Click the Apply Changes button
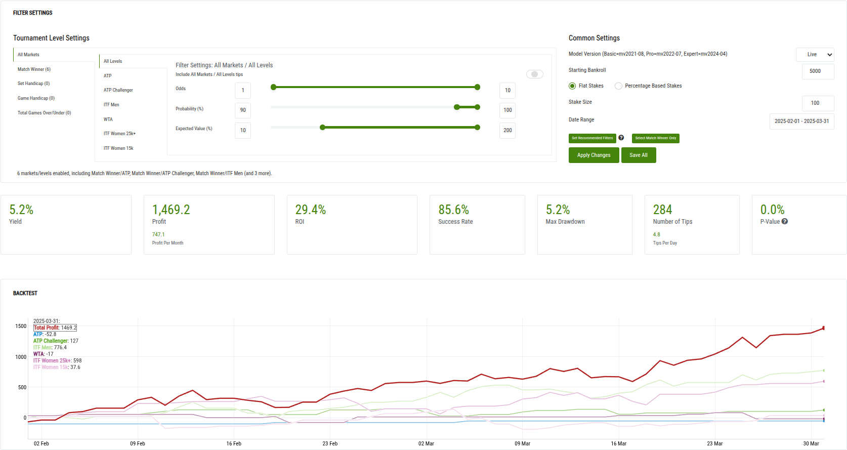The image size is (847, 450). pos(594,155)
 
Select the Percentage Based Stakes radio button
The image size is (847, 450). pos(618,86)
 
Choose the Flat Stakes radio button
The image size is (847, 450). pos(572,86)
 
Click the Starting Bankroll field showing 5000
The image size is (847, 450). pos(817,71)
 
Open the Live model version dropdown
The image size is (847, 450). pos(815,55)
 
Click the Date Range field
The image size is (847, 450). pos(801,121)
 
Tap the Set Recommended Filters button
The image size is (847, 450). pos(592,138)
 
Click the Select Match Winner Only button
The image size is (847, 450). pos(655,138)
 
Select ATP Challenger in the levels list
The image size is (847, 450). pos(118,90)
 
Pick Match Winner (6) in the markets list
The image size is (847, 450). pos(34,69)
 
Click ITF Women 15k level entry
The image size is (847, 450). pos(118,148)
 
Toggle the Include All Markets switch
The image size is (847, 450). pos(534,74)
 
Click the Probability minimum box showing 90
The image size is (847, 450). pos(243,110)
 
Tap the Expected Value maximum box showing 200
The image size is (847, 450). pos(507,131)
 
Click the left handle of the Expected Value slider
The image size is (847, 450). pos(322,128)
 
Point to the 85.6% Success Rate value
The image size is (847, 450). pos(453,210)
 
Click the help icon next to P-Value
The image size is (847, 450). pos(784,222)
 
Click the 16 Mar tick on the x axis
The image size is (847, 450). pos(618,443)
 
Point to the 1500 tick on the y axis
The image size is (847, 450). pos(21,326)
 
